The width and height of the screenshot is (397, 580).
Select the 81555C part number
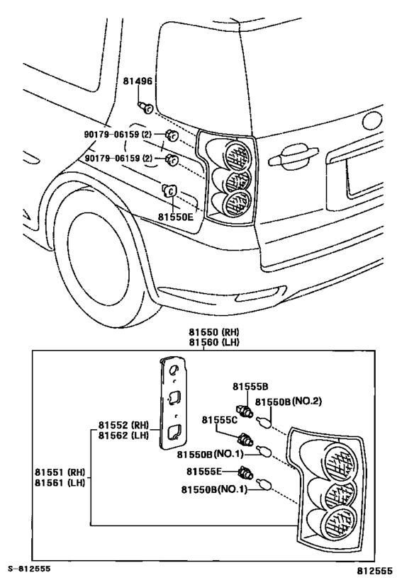pyautogui.click(x=219, y=420)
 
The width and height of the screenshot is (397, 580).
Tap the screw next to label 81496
pyautogui.click(x=147, y=106)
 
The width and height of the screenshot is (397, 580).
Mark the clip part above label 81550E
pyautogui.click(x=169, y=190)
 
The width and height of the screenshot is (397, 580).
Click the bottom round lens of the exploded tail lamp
pyautogui.click(x=337, y=525)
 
